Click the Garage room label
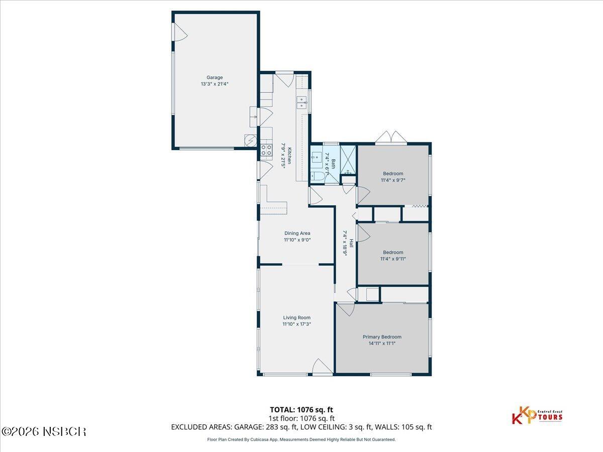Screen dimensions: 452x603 215,77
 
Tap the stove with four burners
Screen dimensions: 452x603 266,150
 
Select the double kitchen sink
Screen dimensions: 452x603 301,102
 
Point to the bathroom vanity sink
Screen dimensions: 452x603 317,157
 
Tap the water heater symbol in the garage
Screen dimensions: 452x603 250,141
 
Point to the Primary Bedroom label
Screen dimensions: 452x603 382,337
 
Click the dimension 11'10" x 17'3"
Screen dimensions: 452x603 296,324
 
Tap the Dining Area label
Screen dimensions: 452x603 297,233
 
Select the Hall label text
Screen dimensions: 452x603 351,244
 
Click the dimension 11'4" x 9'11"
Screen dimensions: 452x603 393,259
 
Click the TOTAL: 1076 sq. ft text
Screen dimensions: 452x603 301,410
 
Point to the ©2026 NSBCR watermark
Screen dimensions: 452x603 44,431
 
